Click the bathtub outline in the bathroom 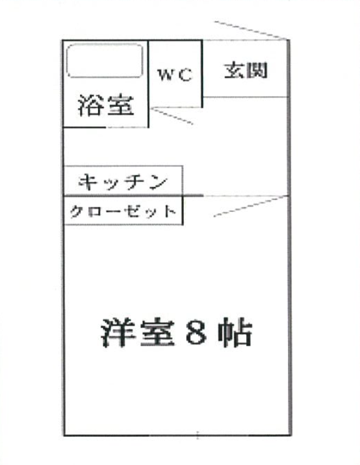click(x=104, y=44)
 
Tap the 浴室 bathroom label click(x=106, y=105)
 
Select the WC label click(x=175, y=74)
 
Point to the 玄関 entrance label click(x=246, y=70)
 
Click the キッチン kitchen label click(x=122, y=181)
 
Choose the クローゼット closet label click(x=123, y=212)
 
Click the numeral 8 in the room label click(x=196, y=332)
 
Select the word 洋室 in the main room click(x=137, y=332)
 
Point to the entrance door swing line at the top click(x=251, y=30)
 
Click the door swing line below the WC click(x=172, y=116)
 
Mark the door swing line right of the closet click(x=251, y=206)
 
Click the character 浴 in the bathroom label click(x=91, y=105)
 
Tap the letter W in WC click(x=166, y=74)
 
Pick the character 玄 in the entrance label click(x=234, y=70)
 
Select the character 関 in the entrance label click(x=257, y=70)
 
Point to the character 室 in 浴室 click(x=121, y=105)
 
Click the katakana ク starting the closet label click(x=76, y=212)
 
